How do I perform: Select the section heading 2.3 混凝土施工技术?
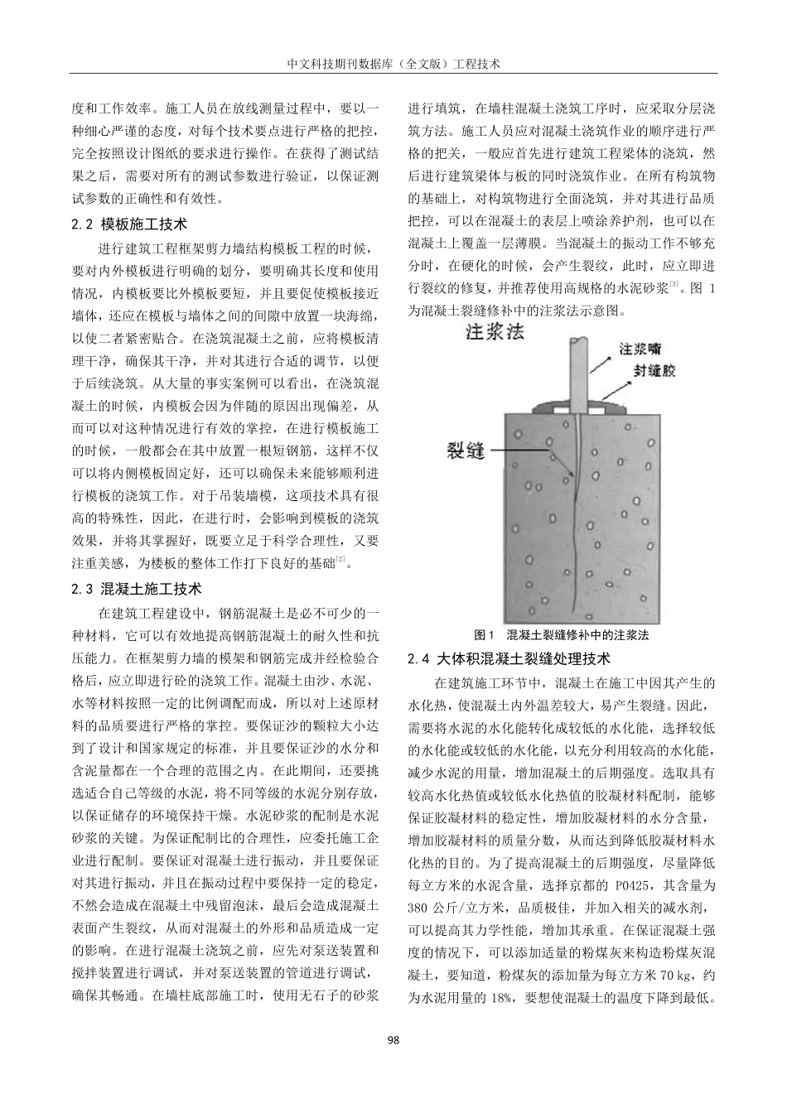click(x=137, y=589)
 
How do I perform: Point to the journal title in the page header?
click(x=393, y=63)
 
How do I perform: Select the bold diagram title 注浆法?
click(x=495, y=334)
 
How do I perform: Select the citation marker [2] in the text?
click(x=340, y=561)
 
